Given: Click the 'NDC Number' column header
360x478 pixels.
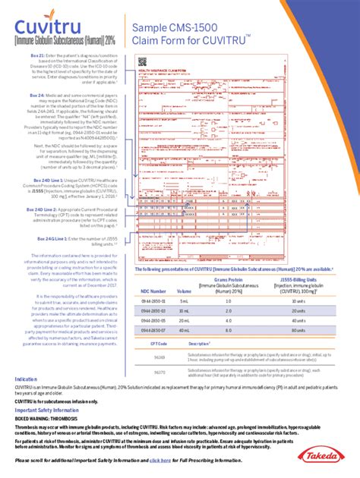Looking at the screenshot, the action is (153, 291).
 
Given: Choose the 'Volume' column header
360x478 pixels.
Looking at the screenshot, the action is (185, 291).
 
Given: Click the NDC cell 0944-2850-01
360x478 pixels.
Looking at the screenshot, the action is (154, 301).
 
